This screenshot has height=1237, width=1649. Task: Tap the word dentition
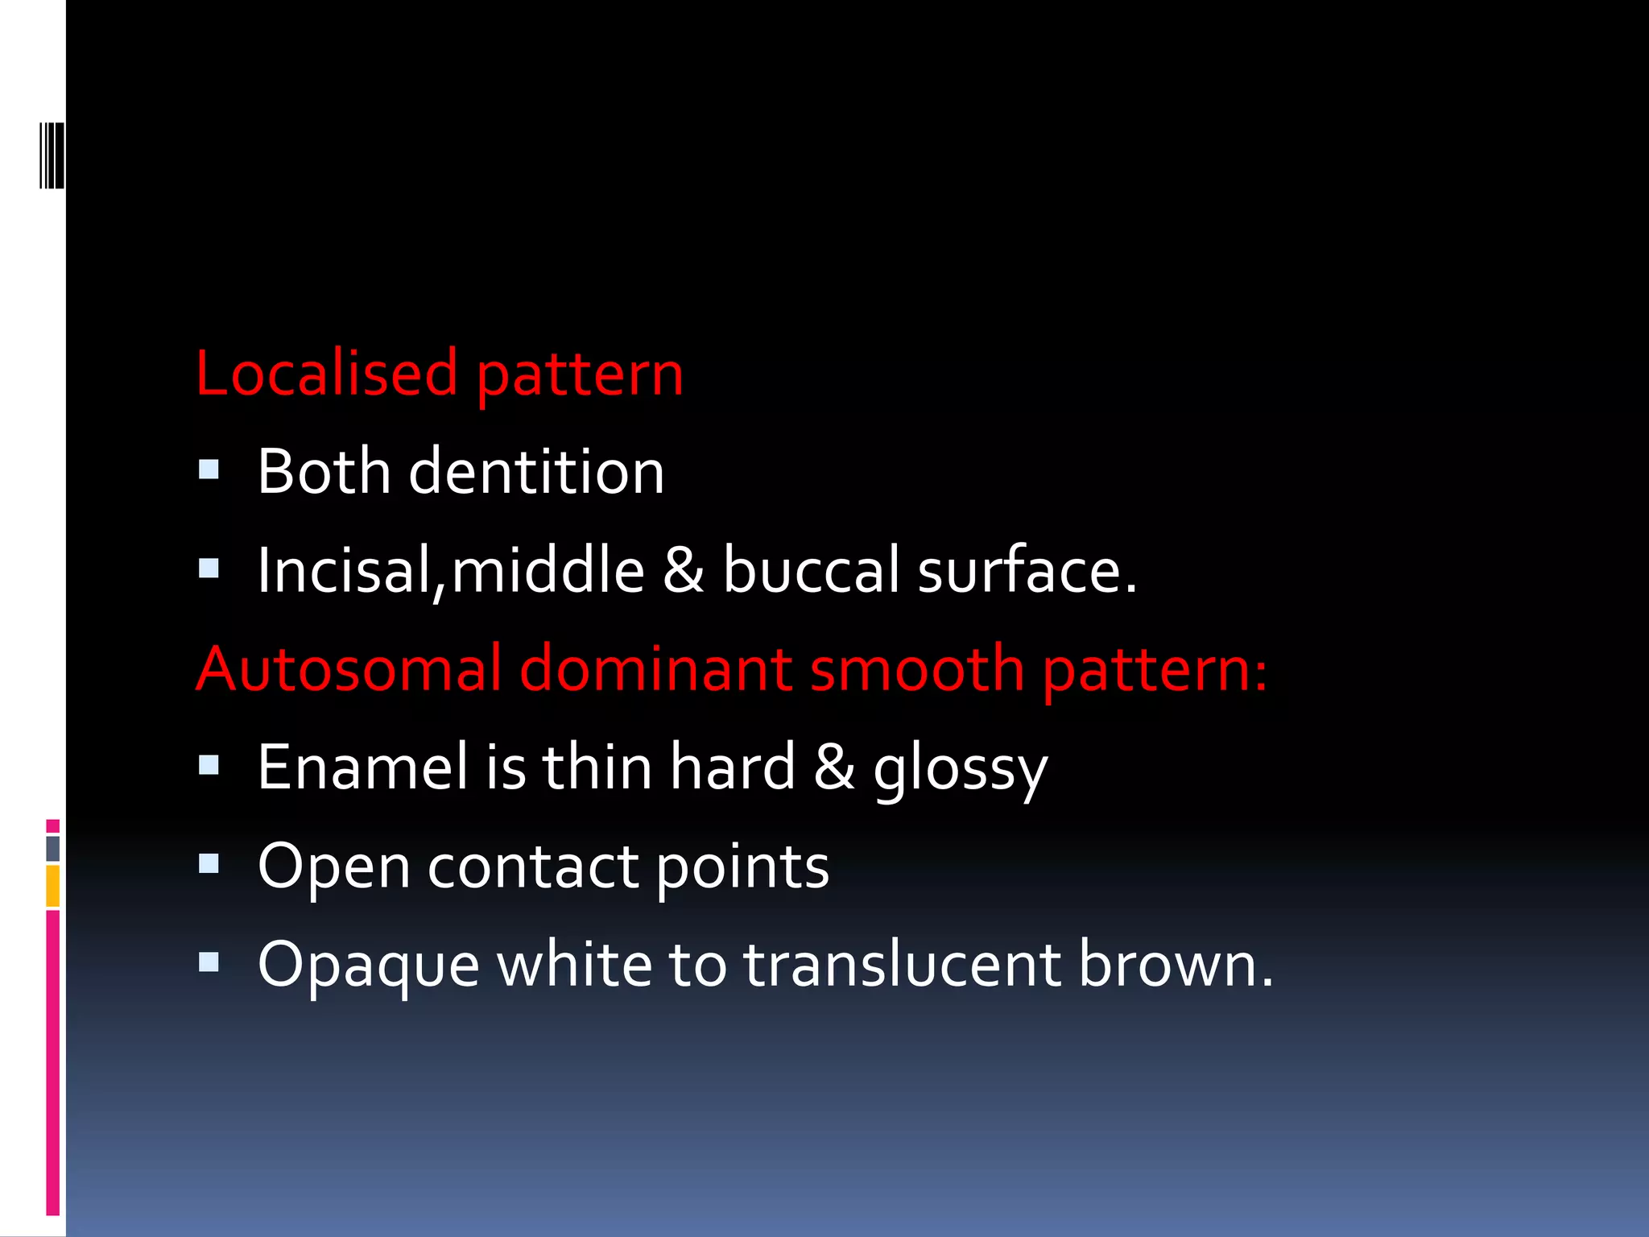pyautogui.click(x=536, y=472)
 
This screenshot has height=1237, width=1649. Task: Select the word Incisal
pyautogui.click(x=345, y=571)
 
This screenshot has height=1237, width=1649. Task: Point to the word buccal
pyautogui.click(x=812, y=571)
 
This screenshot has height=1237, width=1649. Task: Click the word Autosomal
pyautogui.click(x=349, y=669)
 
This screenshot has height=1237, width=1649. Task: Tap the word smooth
pyautogui.click(x=917, y=669)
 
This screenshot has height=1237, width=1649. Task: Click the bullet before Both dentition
pyautogui.click(x=209, y=470)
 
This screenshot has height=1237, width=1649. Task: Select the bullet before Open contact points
pyautogui.click(x=209, y=865)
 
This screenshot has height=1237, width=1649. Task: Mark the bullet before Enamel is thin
pyautogui.click(x=209, y=765)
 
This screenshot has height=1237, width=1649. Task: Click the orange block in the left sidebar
pyautogui.click(x=52, y=886)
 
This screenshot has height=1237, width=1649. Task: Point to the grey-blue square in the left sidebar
pyautogui.click(x=52, y=848)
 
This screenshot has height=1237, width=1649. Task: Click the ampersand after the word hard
pyautogui.click(x=834, y=767)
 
